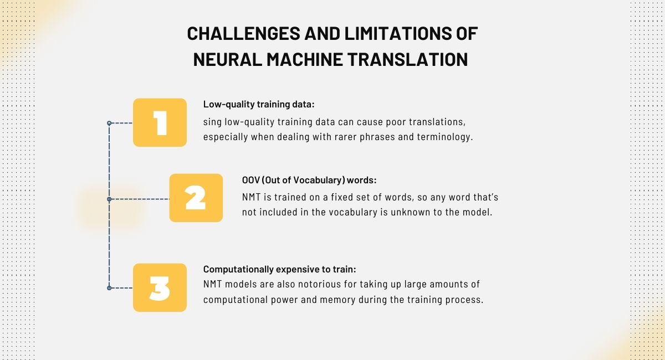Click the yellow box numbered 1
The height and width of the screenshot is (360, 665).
click(160, 122)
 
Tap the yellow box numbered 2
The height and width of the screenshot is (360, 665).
click(196, 198)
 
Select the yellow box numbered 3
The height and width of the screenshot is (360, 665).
click(160, 287)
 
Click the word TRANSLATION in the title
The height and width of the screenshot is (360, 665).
click(408, 59)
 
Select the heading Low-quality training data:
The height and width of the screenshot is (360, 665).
click(259, 105)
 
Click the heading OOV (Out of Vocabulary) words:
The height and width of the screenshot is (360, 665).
click(309, 180)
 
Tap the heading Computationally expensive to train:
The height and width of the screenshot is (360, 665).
click(279, 269)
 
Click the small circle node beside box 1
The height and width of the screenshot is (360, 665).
click(109, 123)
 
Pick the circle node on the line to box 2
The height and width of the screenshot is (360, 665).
click(109, 199)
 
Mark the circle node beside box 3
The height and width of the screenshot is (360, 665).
click(109, 288)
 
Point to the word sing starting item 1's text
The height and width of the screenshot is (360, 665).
click(212, 122)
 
